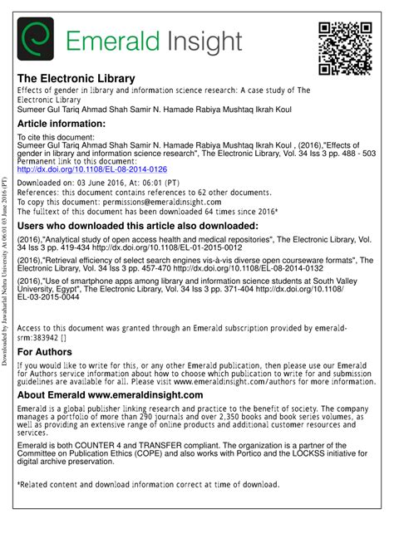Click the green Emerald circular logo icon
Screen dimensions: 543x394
[x=36, y=38]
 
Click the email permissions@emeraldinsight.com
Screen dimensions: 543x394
[x=169, y=200]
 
